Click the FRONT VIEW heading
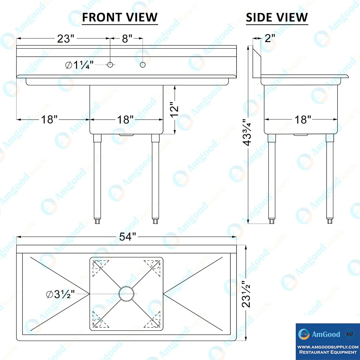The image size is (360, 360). tap(120, 17)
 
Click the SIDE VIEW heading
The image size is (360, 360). tap(276, 17)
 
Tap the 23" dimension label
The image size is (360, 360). tap(66, 39)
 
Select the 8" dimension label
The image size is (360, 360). tap(127, 39)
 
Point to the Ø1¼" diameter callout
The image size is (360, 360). tap(80, 65)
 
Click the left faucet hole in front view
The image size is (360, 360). tap(110, 64)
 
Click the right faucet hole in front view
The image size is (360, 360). tap(143, 64)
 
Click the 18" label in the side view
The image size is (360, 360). tap(303, 120)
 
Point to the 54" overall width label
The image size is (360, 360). tap(127, 237)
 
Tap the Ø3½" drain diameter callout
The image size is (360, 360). tap(60, 294)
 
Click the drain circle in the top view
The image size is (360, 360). tap(126, 294)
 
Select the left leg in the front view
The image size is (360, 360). tap(97, 179)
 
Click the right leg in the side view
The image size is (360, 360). tap(330, 179)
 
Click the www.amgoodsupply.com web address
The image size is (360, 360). tap(328, 347)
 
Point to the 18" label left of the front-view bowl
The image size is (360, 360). tap(49, 120)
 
